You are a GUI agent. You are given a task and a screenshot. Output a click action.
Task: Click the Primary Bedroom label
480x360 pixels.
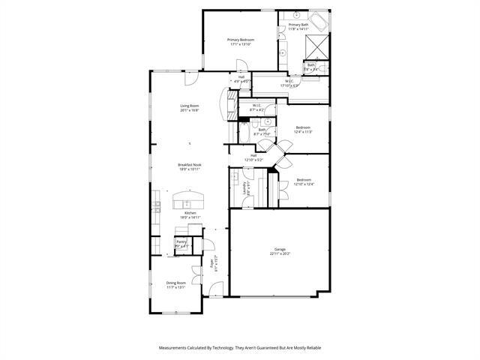click(241, 39)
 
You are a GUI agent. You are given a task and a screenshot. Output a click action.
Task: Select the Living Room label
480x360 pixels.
click(189, 106)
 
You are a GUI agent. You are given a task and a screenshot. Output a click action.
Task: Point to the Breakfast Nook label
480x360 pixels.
click(189, 164)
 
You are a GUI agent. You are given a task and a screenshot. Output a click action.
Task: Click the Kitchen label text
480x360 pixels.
click(190, 213)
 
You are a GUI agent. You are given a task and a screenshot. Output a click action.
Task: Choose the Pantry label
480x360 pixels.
click(181, 241)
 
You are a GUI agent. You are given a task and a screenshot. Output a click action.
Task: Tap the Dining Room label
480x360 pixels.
click(176, 283)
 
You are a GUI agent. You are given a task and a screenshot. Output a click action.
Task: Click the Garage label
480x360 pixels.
click(280, 249)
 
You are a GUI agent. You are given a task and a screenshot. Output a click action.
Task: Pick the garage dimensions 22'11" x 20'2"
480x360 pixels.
click(280, 253)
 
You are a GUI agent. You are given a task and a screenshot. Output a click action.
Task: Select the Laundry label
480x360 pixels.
click(245, 188)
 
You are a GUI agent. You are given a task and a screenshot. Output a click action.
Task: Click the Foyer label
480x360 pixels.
click(211, 263)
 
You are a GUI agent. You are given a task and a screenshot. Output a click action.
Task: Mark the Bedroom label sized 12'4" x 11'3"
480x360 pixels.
click(303, 127)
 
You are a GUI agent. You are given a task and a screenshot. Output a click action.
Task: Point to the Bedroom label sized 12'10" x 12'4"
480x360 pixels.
click(304, 179)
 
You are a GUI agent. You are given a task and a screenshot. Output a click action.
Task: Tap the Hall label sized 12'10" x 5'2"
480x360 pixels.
click(253, 155)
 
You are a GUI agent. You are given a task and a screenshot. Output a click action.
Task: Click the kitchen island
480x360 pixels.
click(188, 200)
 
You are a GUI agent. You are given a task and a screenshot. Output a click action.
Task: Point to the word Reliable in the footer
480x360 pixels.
click(310, 348)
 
